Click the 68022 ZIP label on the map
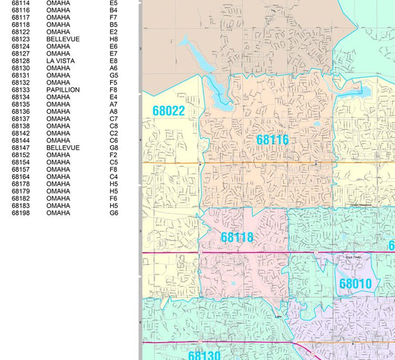[x=169, y=111]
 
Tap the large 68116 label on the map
[x=272, y=140]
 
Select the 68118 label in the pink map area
[x=237, y=237]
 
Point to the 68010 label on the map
[x=355, y=284]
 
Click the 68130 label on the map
[x=204, y=355]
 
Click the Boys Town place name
[x=354, y=258]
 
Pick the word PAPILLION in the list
[x=63, y=90]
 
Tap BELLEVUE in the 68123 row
[x=63, y=39]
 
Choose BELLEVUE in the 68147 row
[x=63, y=148]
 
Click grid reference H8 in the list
[x=113, y=39]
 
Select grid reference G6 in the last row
[x=114, y=213]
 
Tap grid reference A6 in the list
[x=113, y=68]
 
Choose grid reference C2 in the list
[x=113, y=133]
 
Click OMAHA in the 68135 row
[x=58, y=105]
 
